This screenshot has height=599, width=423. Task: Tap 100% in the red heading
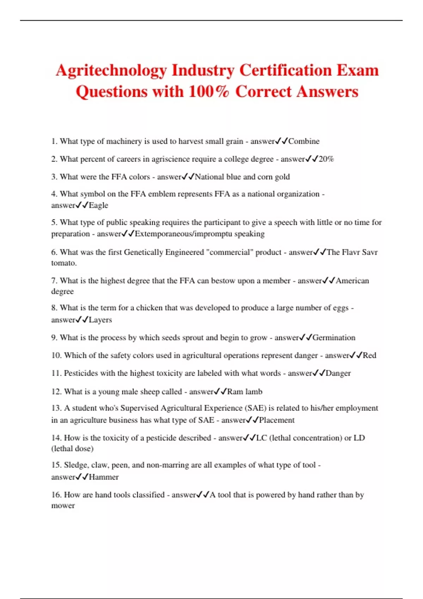tap(209, 92)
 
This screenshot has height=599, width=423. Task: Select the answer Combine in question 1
tap(304, 141)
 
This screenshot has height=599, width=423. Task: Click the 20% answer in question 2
tap(326, 159)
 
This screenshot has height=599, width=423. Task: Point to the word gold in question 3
tap(282, 177)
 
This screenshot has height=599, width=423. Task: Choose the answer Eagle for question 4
tap(98, 205)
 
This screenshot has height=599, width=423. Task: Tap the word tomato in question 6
tap(63, 263)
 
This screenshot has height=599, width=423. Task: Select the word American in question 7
tap(352, 281)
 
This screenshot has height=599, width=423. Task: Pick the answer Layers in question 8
tap(100, 320)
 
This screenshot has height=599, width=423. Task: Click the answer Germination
tap(334, 338)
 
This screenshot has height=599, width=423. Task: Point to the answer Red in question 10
tap(369, 356)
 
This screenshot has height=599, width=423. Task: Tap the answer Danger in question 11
tap(338, 373)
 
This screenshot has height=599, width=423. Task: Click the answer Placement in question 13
tap(277, 420)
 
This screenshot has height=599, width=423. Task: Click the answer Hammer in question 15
tap(104, 477)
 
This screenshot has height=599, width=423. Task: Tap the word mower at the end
tap(63, 506)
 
